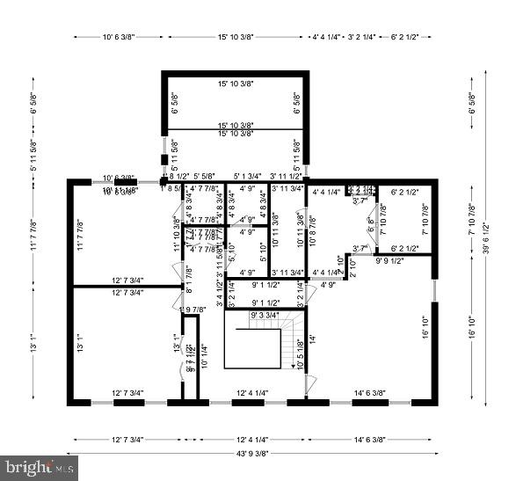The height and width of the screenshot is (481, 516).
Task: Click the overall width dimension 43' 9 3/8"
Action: coord(252,454)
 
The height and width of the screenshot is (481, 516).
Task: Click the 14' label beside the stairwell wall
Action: coord(310,338)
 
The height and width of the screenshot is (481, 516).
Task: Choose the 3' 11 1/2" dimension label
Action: coord(287,177)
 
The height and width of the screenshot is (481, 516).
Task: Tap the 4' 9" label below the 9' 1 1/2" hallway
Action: coord(329,285)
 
